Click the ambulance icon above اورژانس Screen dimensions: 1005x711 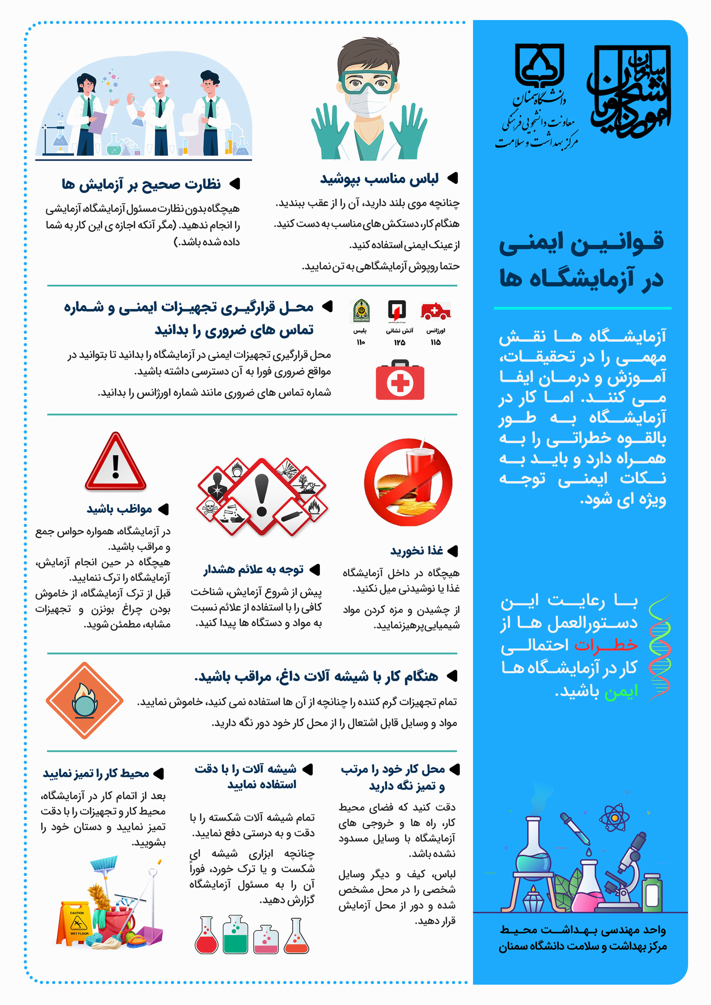tap(435, 311)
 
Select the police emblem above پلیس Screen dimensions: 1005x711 tap(360, 310)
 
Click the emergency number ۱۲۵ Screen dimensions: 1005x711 tap(399, 342)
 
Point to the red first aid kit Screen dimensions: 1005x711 tap(400, 380)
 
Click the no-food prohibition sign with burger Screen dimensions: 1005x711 tap(408, 482)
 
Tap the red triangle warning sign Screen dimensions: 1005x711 tap(116, 463)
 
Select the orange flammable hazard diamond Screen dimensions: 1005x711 tap(84, 701)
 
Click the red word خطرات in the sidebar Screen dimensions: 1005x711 tap(606, 644)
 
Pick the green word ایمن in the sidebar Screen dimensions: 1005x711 tap(621, 691)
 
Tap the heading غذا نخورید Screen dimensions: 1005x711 tap(416, 551)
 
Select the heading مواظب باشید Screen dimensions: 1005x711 tap(120, 509)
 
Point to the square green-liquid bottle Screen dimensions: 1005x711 tap(235, 935)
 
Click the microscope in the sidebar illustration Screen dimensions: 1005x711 tap(626, 870)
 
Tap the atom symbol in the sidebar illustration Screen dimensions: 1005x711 tap(614, 817)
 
